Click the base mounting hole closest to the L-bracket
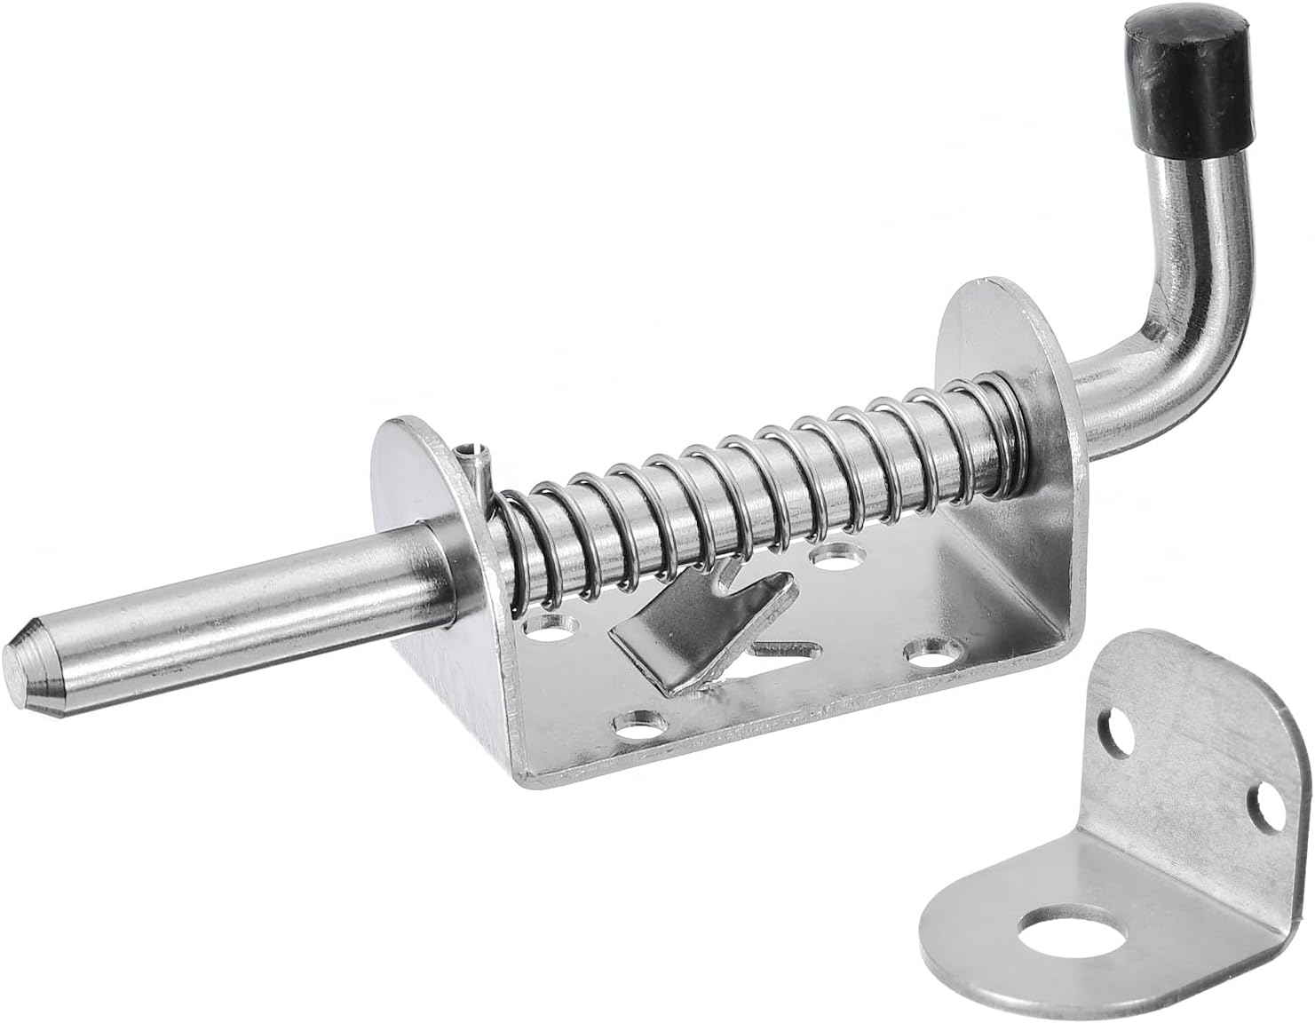928,653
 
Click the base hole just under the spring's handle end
835,559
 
